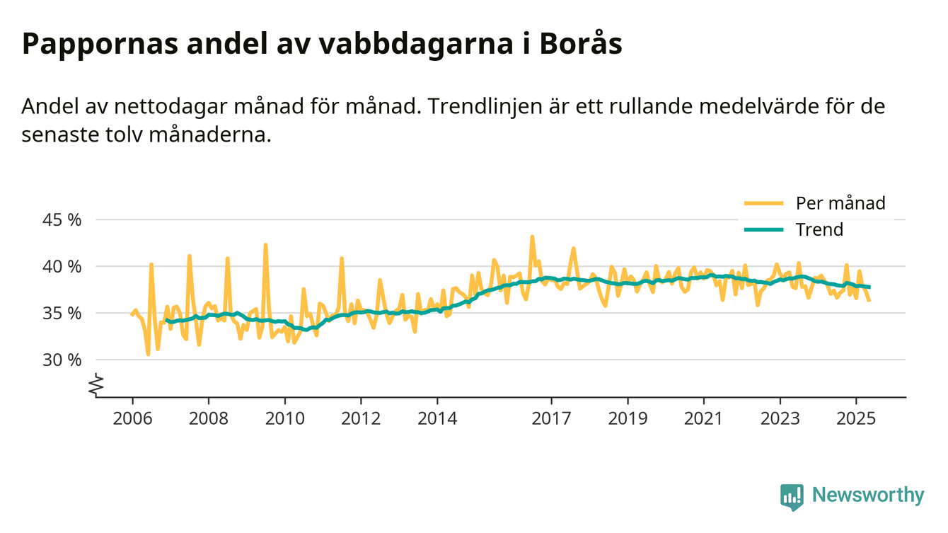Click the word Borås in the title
click(x=581, y=44)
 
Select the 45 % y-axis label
click(x=62, y=219)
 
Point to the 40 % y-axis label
click(x=62, y=266)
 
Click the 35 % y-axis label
click(x=62, y=313)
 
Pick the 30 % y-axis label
click(x=62, y=360)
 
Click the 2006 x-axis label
click(x=132, y=418)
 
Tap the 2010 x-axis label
click(x=285, y=418)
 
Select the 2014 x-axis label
click(x=438, y=418)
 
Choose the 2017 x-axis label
click(x=552, y=418)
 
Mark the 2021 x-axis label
click(x=704, y=418)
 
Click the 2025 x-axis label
click(x=857, y=418)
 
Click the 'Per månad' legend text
click(x=840, y=203)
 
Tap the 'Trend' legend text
click(x=819, y=229)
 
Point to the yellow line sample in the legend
click(x=763, y=203)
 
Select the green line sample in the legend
click(x=763, y=229)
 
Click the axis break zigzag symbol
click(x=97, y=385)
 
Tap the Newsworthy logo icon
click(x=792, y=496)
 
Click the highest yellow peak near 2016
click(x=532, y=237)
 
